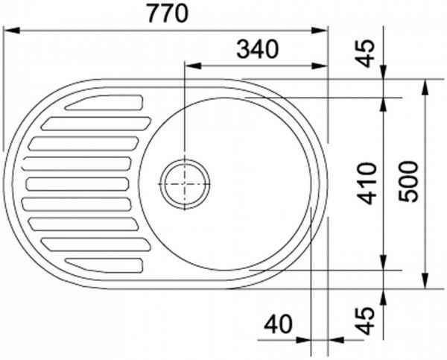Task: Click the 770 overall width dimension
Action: click(x=168, y=13)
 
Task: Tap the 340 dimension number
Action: click(x=258, y=49)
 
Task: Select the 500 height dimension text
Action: click(x=408, y=182)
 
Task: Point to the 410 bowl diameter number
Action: click(x=367, y=184)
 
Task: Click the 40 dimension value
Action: click(x=278, y=324)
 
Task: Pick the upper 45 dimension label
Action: click(x=365, y=53)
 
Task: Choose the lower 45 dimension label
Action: click(x=365, y=320)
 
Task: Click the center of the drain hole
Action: click(x=185, y=184)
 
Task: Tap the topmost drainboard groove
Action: click(x=104, y=103)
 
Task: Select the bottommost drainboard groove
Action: click(x=104, y=265)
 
